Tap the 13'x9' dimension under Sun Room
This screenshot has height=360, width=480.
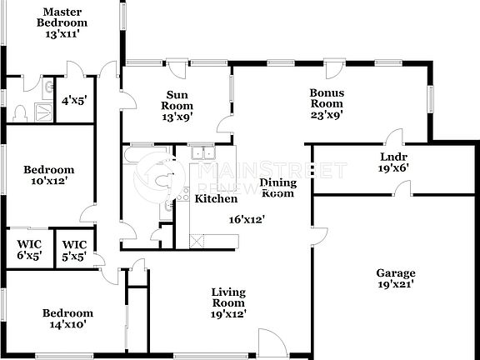click(177, 117)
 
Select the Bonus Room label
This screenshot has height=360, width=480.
click(327, 98)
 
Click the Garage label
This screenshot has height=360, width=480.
click(395, 272)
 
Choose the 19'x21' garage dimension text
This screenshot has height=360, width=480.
click(395, 284)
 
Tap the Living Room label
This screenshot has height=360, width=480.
click(227, 297)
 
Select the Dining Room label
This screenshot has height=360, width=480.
click(277, 187)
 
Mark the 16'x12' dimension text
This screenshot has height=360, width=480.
click(247, 220)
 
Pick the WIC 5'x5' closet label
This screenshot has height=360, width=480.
click(75, 250)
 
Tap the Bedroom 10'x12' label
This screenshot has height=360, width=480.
click(47, 174)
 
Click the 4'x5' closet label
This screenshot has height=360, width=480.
click(73, 102)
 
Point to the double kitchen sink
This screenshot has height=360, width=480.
click(200, 152)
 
